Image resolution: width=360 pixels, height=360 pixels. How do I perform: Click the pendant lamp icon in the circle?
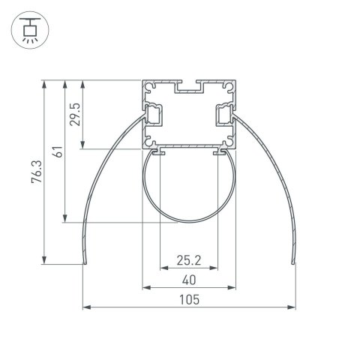(30, 29)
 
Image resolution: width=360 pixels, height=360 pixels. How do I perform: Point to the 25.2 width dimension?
(188, 261)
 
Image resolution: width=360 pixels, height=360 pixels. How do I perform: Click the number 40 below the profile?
(188, 281)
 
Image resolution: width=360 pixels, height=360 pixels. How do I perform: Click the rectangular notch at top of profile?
(188, 88)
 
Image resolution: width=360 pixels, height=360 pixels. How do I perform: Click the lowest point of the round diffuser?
(188, 222)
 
